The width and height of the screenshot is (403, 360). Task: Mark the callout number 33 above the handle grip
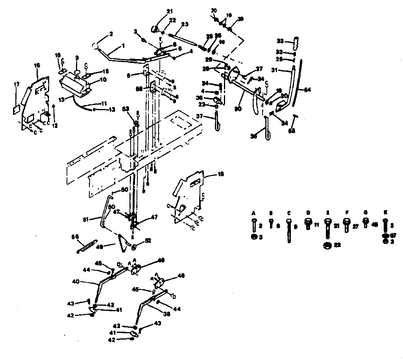(x=280, y=41)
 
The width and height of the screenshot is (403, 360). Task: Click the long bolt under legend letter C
(x=290, y=232)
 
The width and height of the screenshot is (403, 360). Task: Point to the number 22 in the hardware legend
(x=337, y=246)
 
